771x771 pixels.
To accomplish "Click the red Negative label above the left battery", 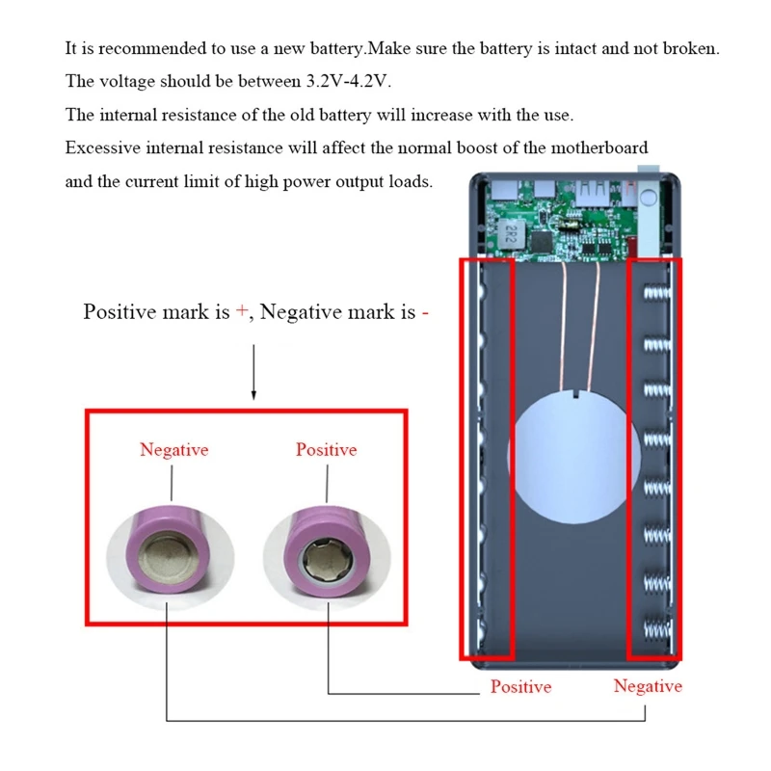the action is (x=174, y=449).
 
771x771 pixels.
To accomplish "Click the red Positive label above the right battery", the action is (x=326, y=449).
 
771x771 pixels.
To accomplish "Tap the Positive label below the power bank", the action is (x=520, y=686).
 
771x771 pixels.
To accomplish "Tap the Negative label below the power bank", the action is (x=648, y=686).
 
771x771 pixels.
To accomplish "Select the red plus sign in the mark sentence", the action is (x=242, y=310).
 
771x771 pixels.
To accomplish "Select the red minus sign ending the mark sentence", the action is (x=425, y=312).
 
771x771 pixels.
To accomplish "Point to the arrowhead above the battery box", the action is (x=253, y=394).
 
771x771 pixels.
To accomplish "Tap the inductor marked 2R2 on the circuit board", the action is (x=510, y=235).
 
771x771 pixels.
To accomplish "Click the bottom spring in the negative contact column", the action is (x=657, y=629).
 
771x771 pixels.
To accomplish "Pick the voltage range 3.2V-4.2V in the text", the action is (x=348, y=81).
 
